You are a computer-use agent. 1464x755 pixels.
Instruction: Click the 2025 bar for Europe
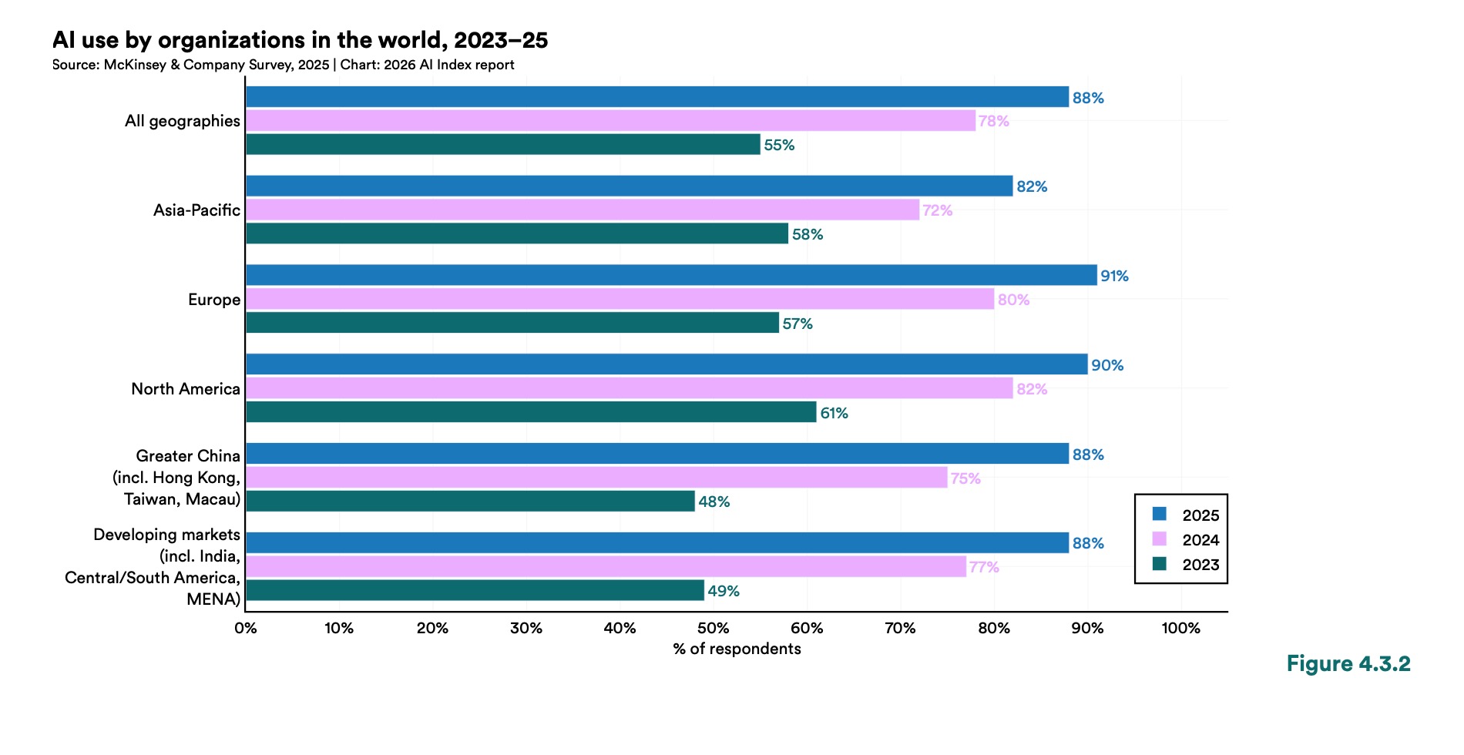click(670, 275)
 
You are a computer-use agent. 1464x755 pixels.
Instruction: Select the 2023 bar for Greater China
click(470, 502)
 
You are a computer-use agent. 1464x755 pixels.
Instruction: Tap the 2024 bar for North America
click(629, 388)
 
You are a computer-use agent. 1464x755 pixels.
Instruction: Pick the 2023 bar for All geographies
click(502, 145)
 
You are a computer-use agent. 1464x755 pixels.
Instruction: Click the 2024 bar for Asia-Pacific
click(583, 210)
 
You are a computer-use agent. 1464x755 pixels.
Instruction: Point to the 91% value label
click(1114, 276)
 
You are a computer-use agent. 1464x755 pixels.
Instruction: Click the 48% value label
click(714, 502)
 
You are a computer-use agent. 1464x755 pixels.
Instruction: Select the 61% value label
click(834, 413)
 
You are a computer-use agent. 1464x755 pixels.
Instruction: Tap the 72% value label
click(937, 210)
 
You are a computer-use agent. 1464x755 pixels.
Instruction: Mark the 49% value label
click(723, 591)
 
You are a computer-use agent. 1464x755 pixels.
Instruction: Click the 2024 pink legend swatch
click(1160, 539)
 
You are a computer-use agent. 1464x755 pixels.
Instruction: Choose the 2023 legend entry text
click(1200, 565)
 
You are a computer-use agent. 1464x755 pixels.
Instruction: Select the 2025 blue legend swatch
click(1160, 514)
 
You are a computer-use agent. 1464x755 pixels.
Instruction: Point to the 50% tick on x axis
click(713, 628)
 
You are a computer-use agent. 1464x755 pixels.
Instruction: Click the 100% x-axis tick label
click(1180, 628)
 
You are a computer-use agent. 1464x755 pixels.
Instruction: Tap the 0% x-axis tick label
click(246, 628)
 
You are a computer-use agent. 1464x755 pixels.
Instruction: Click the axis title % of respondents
click(737, 649)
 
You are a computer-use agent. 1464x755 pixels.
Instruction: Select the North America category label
click(186, 389)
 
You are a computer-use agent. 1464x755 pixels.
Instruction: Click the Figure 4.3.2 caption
click(1348, 663)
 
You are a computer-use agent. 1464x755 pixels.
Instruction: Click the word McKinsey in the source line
click(135, 65)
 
